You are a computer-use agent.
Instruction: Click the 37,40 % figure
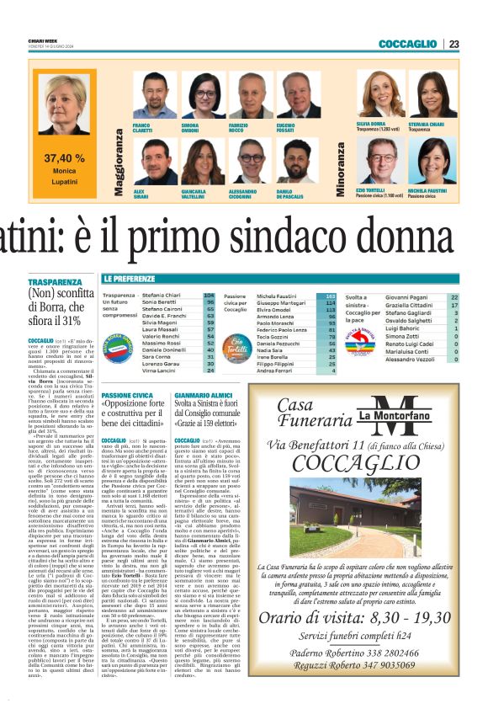click(65, 157)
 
